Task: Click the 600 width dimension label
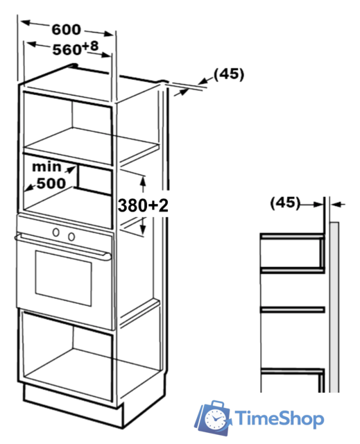pos(66,29)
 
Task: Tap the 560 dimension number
pos(67,50)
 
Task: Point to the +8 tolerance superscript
pos(91,46)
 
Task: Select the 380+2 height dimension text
pos(143,205)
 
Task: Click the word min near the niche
pos(46,166)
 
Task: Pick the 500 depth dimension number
pos(51,183)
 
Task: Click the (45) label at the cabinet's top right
pos(229,74)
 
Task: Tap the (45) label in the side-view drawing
pos(285,203)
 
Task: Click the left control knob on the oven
pos(56,232)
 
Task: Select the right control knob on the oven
pos(71,237)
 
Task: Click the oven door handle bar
pos(63,246)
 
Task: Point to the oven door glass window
pos(63,278)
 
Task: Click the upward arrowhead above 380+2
pos(143,180)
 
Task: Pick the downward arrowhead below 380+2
pos(143,230)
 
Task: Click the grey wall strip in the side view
pos(334,307)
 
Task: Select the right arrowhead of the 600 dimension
pos(109,34)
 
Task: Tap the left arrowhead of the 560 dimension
pos(31,44)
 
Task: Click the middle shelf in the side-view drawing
pos(292,309)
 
